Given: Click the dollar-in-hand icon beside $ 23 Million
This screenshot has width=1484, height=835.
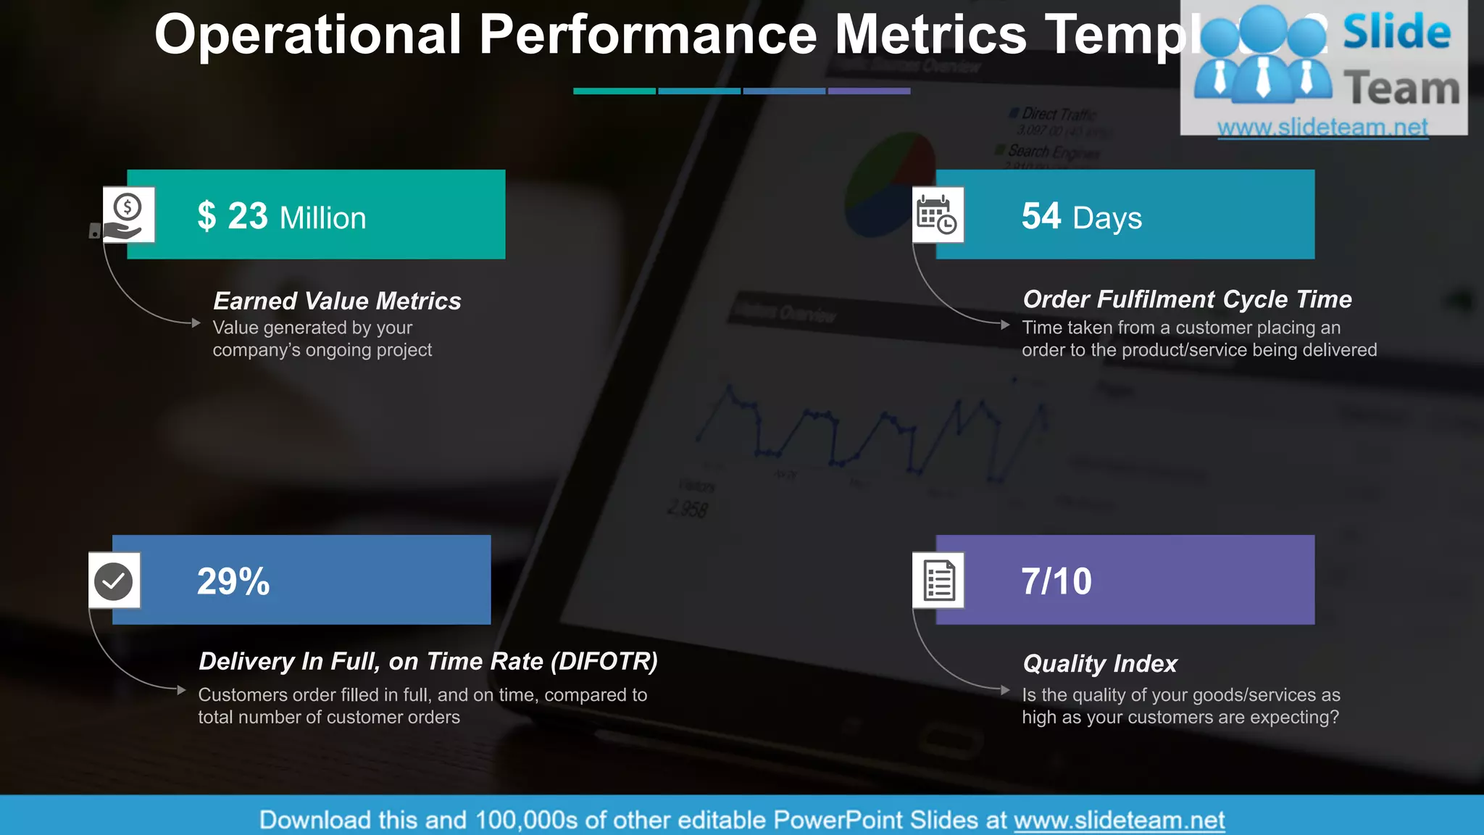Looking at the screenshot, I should [x=128, y=215].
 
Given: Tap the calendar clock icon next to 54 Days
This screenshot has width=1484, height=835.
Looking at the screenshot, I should [x=938, y=215].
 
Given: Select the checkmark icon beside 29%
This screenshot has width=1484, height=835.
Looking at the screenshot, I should [x=114, y=581].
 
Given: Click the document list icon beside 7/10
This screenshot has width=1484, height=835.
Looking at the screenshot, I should [x=938, y=581].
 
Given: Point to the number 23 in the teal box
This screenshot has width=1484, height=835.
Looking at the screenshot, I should [x=248, y=216].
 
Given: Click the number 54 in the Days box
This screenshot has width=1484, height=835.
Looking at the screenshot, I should [x=1041, y=216].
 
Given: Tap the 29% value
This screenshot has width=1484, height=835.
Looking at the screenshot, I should [x=233, y=581].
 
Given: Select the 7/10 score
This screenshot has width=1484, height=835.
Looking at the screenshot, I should [x=1056, y=581].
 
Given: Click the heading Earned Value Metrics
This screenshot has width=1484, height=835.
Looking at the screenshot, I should [x=337, y=301].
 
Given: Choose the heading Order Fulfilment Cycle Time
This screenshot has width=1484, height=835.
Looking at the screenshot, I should [x=1187, y=299].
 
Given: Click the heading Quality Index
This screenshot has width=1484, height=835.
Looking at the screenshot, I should [x=1100, y=663].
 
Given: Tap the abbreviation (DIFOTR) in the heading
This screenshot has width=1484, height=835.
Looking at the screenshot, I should [x=604, y=661].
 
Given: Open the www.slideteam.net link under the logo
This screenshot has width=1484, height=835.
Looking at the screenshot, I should [x=1322, y=128].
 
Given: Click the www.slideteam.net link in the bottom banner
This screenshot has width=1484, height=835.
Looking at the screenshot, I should [x=1119, y=820].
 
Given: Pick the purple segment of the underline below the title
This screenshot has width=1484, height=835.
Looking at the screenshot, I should [x=869, y=91].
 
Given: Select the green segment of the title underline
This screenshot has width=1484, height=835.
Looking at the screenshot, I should [x=614, y=91].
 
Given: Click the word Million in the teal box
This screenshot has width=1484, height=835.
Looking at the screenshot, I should [x=323, y=218].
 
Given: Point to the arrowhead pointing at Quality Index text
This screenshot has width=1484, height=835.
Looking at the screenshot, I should [x=1005, y=690].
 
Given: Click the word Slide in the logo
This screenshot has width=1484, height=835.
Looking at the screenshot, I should [x=1397, y=33].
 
